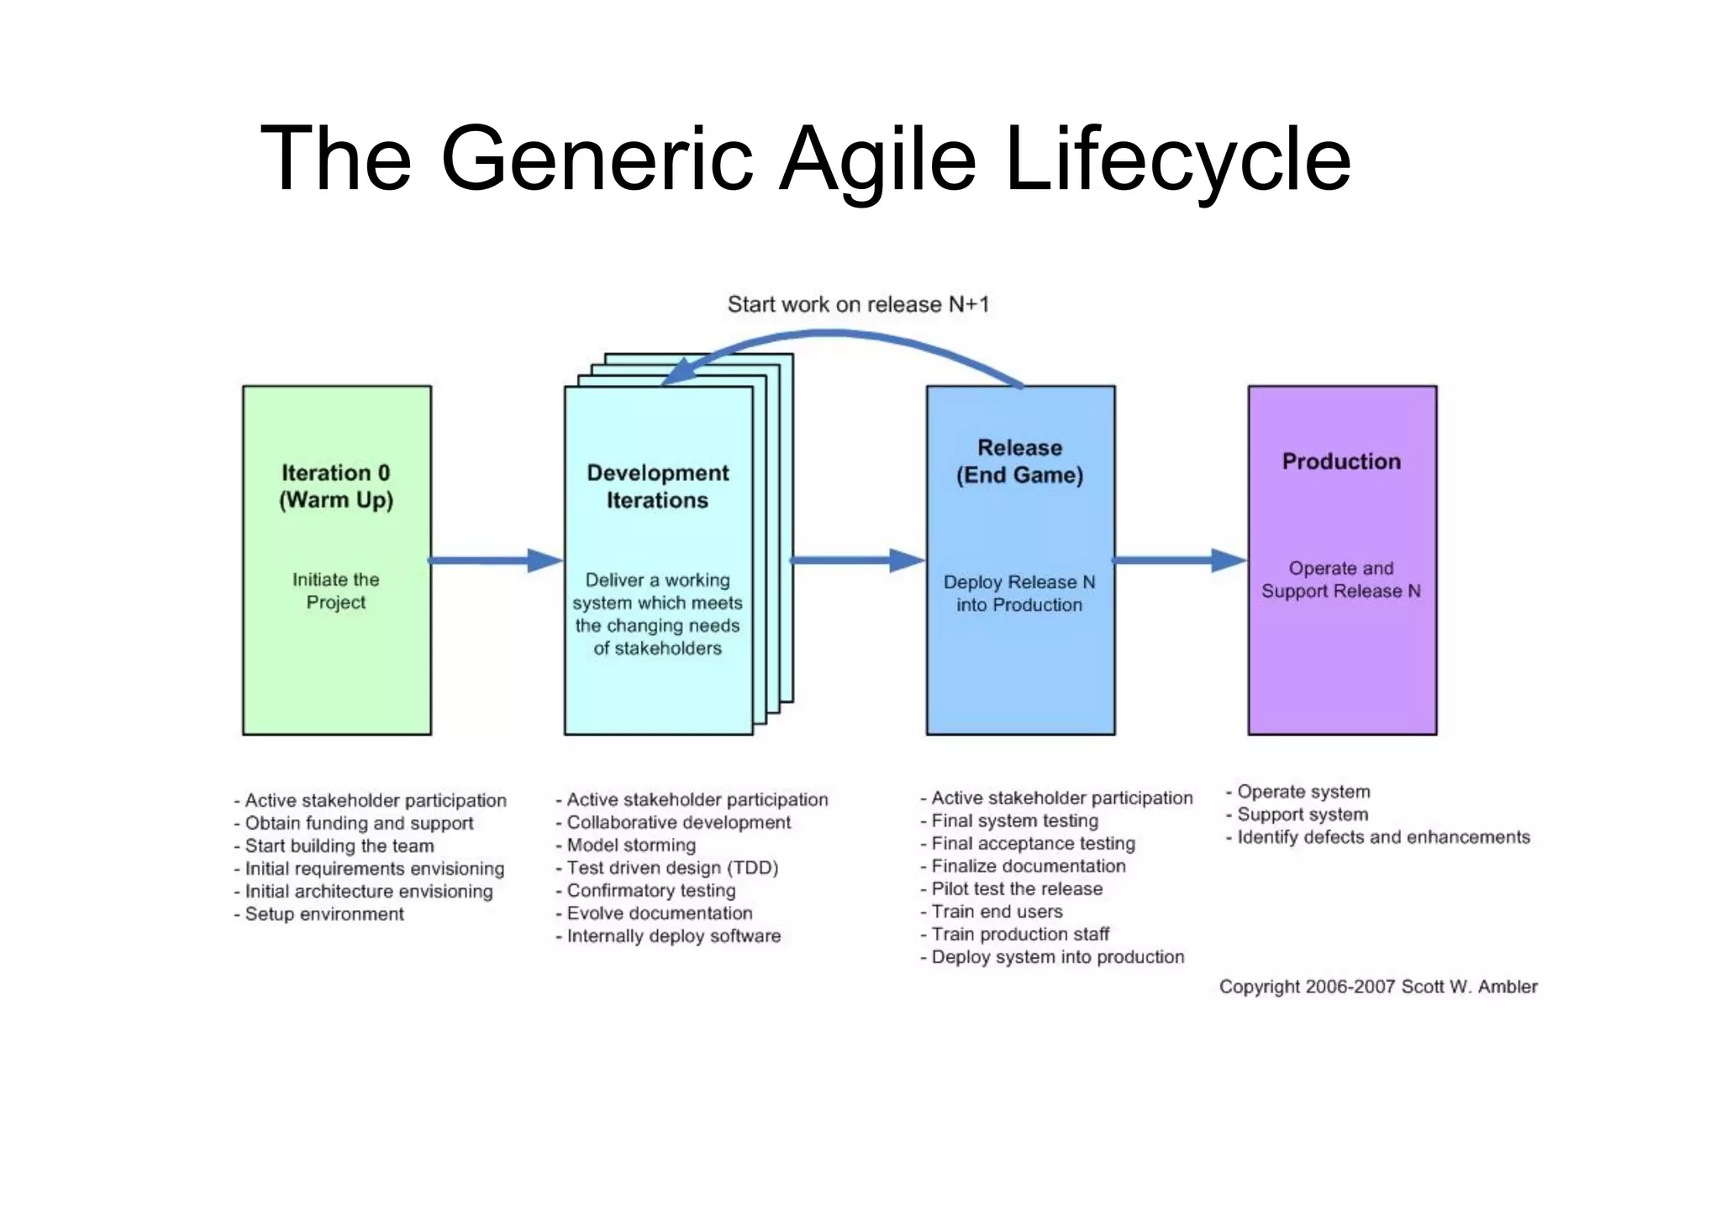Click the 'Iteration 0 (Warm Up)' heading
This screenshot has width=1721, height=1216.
click(x=336, y=486)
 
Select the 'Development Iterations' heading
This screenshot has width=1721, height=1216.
click(x=657, y=486)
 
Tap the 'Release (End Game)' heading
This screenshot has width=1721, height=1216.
click(x=1019, y=461)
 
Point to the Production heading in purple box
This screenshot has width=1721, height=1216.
click(x=1341, y=461)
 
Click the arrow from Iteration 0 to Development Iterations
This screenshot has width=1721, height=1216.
click(x=496, y=560)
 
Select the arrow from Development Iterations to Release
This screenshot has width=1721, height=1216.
click(x=857, y=560)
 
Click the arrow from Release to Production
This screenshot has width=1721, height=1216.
click(x=1180, y=560)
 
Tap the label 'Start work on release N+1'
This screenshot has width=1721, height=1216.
click(x=858, y=304)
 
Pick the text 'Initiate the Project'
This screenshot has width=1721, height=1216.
click(x=336, y=591)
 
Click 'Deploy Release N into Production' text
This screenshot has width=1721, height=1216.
click(x=1019, y=593)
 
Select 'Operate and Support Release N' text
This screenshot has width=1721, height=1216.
click(x=1341, y=580)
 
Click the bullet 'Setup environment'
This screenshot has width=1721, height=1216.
click(x=324, y=914)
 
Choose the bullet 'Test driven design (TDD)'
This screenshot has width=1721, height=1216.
click(x=672, y=868)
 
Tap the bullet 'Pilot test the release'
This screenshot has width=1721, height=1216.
click(x=1017, y=889)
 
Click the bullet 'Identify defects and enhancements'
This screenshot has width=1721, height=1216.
click(x=1383, y=837)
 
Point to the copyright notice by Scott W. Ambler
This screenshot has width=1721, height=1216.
click(x=1378, y=987)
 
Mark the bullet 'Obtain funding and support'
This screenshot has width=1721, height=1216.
click(x=359, y=824)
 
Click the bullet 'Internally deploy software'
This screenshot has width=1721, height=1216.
click(x=673, y=936)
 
